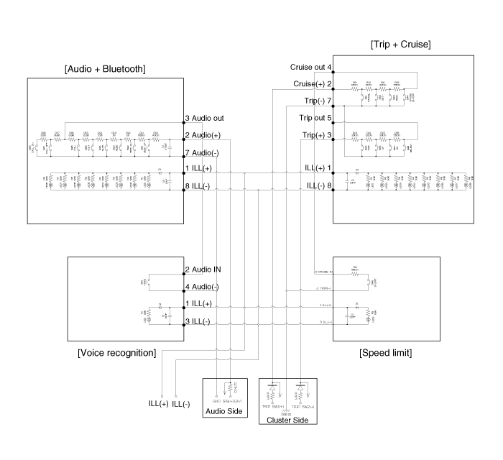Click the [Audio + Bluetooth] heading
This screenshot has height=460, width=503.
coord(105,69)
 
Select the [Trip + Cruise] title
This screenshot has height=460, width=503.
coord(400,44)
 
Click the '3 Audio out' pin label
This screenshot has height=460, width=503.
coord(205,118)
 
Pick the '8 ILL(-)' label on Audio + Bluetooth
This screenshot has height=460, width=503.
coord(198,185)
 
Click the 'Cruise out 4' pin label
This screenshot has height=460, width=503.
coord(310,67)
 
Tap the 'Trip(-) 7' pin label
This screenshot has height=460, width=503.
coord(317,101)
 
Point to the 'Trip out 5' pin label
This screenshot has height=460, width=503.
coord(315,118)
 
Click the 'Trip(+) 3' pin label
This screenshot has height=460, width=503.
coord(316,134)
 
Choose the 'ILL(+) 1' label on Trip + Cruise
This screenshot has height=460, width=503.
coord(318,168)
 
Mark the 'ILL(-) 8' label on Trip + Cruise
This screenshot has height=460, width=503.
coord(318,185)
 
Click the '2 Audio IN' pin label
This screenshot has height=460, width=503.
coord(203,271)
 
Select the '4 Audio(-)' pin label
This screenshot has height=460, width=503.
coord(203,287)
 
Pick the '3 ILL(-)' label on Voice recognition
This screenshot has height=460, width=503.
coord(198,321)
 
